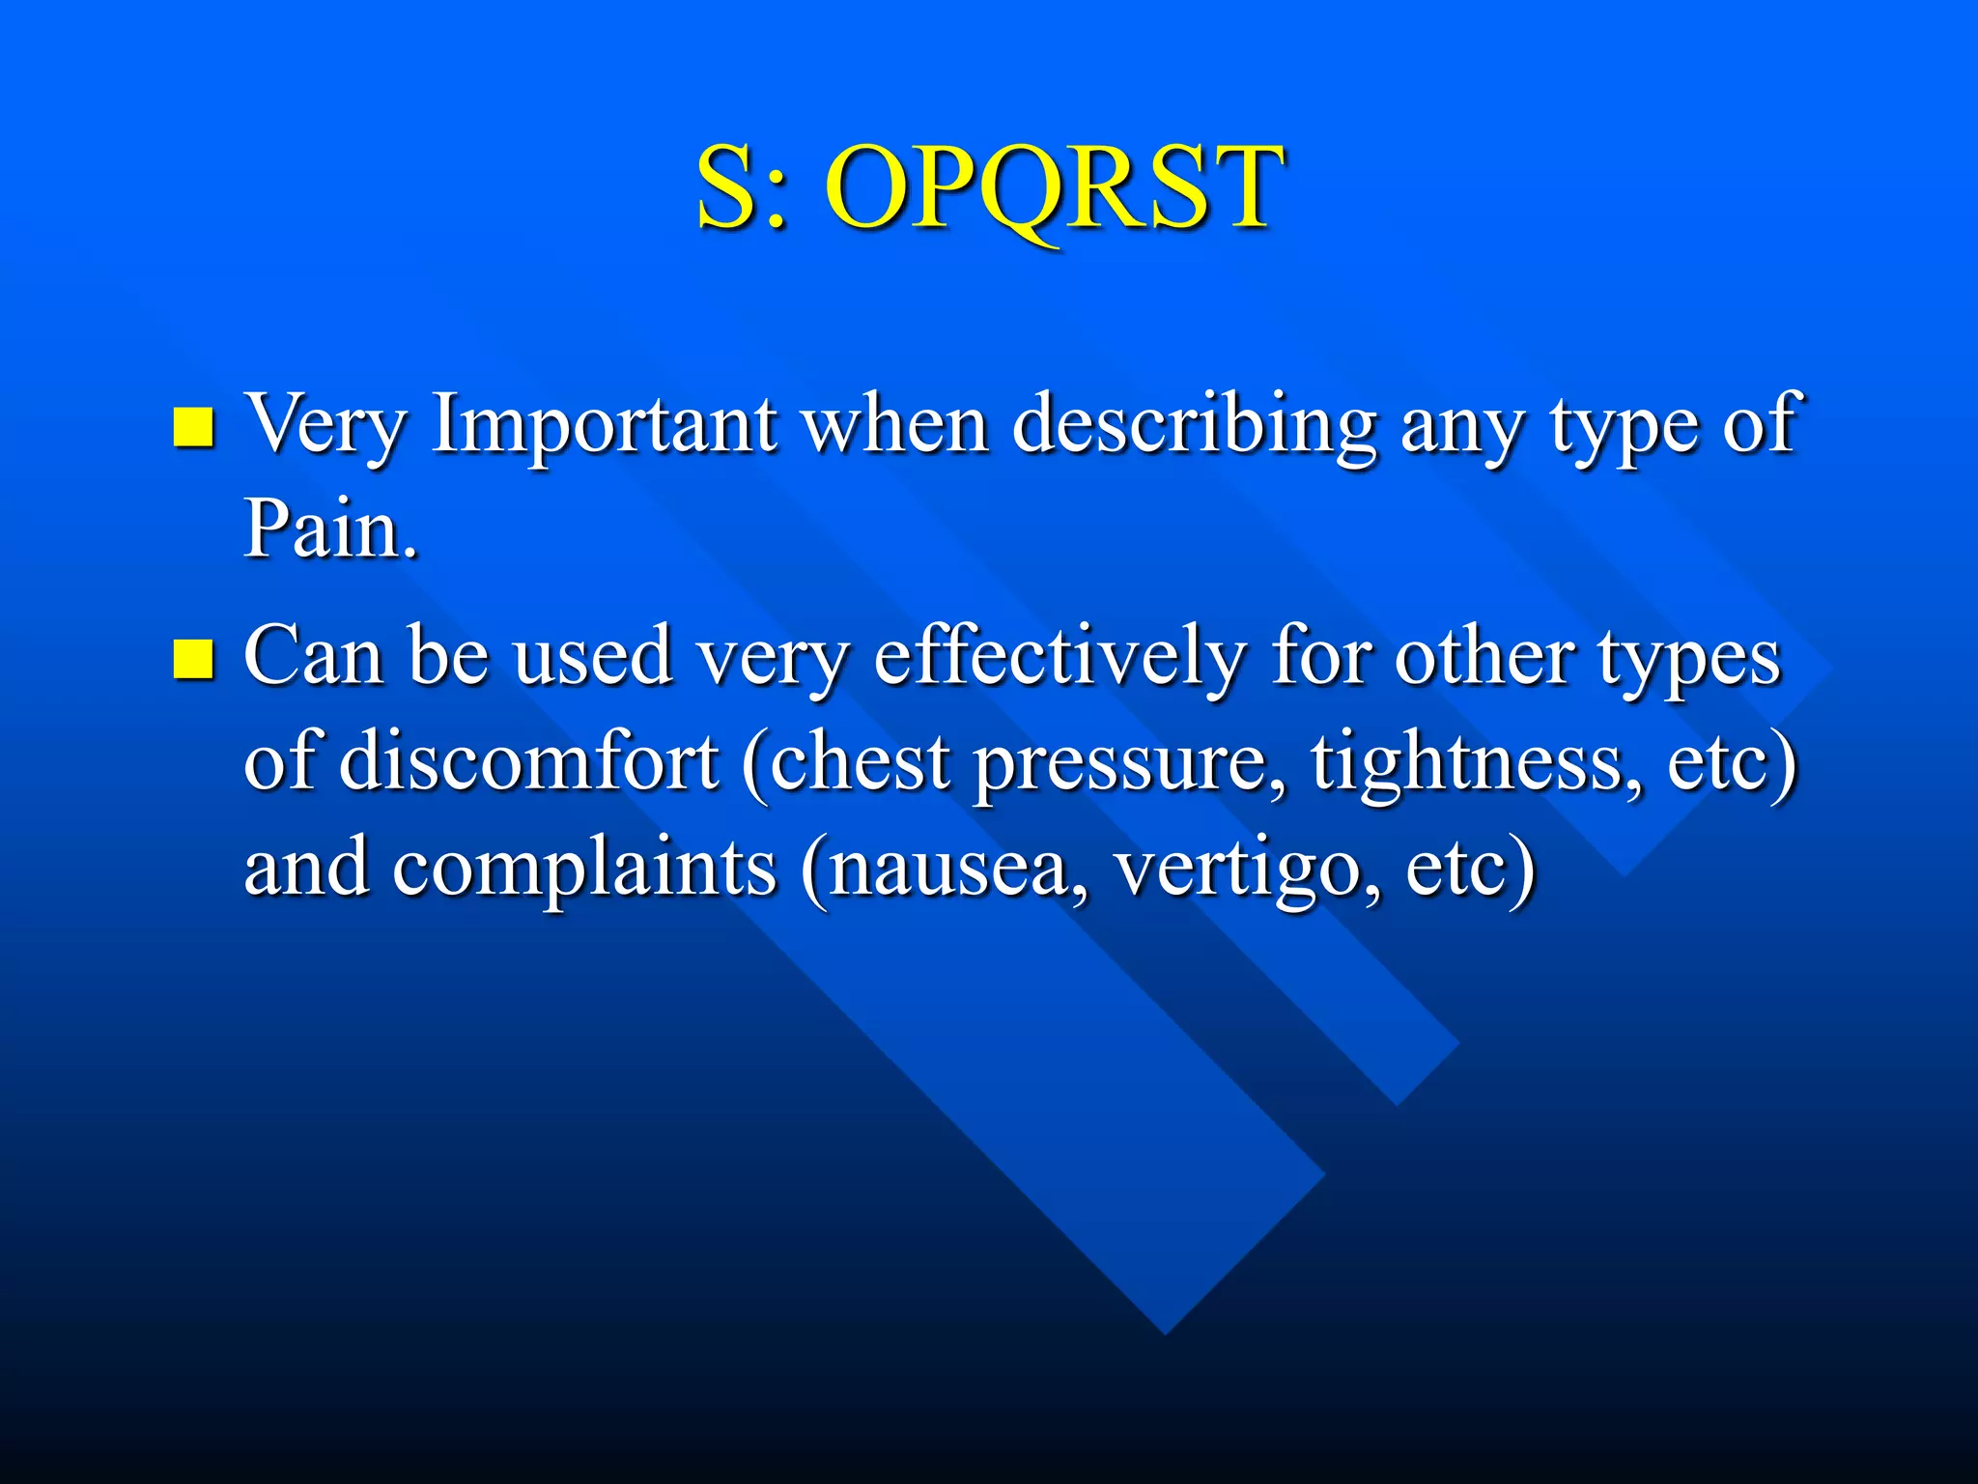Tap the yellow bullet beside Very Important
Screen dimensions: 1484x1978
(192, 427)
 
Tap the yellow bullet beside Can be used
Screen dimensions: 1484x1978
(192, 660)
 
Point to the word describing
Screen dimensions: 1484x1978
(1194, 425)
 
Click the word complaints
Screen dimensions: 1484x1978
(583, 868)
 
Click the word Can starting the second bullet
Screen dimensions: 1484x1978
(312, 657)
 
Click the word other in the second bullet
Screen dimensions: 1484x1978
(1483, 657)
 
